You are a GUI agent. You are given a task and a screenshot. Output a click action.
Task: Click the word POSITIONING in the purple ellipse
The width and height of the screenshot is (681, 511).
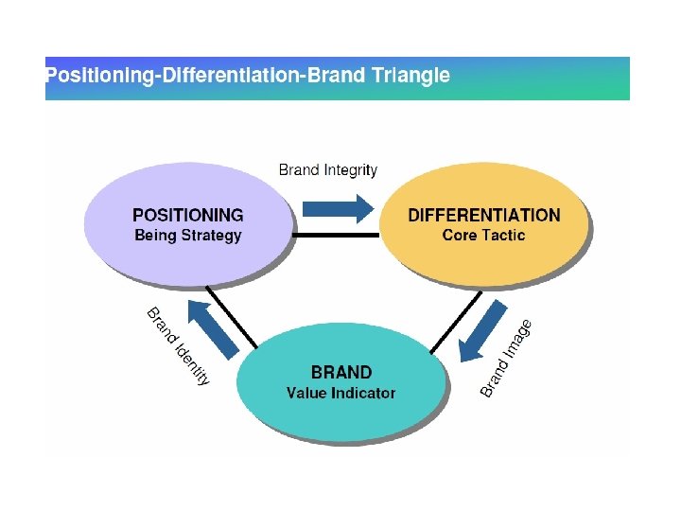(187, 215)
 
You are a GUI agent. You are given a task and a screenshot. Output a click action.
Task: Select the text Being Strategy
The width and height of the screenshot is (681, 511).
(187, 236)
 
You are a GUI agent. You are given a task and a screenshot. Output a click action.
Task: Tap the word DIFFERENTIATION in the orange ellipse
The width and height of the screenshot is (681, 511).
(483, 215)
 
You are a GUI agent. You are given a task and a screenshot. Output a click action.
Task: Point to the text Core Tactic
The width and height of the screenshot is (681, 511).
(483, 236)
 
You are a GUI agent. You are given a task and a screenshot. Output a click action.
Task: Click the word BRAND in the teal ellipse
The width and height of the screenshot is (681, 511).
(341, 372)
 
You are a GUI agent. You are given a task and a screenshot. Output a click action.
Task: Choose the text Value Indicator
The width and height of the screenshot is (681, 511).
(341, 393)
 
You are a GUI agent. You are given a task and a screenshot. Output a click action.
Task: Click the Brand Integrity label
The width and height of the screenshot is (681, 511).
(328, 170)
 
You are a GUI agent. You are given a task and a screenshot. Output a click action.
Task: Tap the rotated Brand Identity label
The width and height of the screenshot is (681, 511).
(178, 345)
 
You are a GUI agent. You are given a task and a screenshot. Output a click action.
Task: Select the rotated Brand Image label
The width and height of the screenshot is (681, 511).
(506, 358)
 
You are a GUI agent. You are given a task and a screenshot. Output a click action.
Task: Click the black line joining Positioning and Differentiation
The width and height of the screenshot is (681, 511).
(336, 234)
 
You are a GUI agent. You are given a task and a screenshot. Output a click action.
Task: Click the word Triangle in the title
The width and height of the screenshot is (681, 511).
(411, 76)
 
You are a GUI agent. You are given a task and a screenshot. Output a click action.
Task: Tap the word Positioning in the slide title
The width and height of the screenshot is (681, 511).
(99, 76)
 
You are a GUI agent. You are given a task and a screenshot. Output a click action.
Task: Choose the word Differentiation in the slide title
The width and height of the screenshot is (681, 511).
(231, 76)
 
